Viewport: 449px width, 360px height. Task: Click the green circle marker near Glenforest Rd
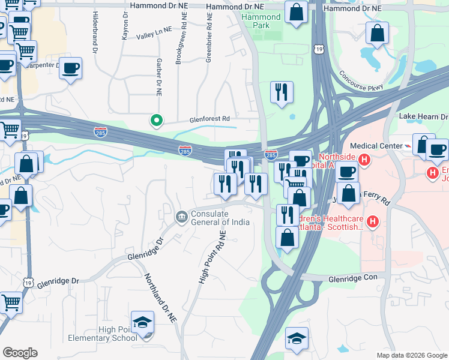click(157, 121)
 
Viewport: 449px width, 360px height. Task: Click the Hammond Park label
click(261, 22)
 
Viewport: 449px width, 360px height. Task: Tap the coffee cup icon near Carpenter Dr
click(70, 68)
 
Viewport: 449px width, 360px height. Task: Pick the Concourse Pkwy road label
click(360, 82)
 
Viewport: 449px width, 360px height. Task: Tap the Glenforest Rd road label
click(210, 119)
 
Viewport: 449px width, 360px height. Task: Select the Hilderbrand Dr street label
click(95, 34)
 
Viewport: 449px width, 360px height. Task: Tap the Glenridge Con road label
click(353, 279)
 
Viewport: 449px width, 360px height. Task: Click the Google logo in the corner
click(20, 353)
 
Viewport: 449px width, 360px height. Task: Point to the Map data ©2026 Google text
click(411, 355)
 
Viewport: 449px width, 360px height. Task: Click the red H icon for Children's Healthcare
click(373, 223)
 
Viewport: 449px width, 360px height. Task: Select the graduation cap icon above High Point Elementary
click(142, 322)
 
